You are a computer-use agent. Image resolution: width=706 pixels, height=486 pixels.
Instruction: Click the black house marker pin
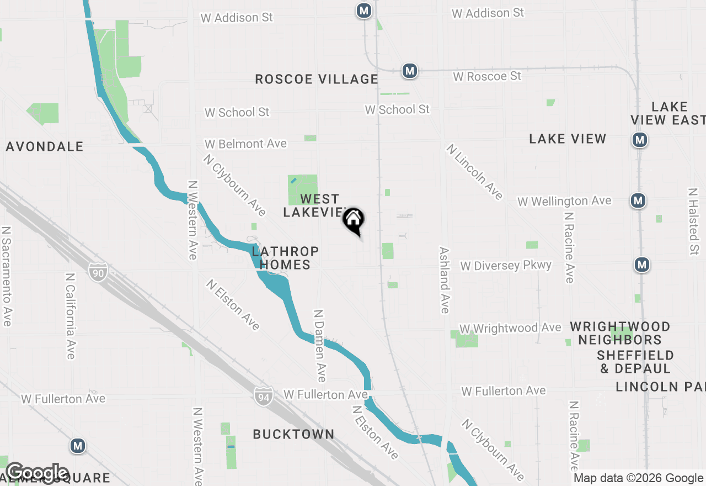(x=354, y=220)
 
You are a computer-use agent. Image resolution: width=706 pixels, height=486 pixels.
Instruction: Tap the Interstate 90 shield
(x=97, y=272)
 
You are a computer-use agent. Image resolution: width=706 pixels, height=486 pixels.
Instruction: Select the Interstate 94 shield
(x=264, y=396)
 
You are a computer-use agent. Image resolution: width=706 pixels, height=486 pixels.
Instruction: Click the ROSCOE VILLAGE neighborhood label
(x=317, y=79)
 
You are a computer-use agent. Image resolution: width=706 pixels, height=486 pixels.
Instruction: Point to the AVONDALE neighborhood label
(x=45, y=146)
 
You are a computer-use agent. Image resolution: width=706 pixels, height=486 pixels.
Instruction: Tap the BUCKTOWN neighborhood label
(x=293, y=434)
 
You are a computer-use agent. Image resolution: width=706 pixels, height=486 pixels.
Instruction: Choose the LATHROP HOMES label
(x=285, y=258)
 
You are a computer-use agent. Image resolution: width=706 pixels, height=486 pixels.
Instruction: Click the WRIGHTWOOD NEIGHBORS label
(x=620, y=333)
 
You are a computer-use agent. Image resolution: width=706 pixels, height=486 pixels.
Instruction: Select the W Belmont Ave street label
(x=245, y=144)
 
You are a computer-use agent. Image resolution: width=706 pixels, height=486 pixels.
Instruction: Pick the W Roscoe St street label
(x=487, y=76)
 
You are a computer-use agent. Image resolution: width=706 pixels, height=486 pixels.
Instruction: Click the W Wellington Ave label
(x=564, y=201)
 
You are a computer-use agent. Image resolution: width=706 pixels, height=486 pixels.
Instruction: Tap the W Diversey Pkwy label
(x=506, y=266)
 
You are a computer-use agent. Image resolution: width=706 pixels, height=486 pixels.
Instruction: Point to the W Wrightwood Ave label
(x=510, y=328)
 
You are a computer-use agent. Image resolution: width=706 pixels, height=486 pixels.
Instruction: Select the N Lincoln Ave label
(x=475, y=172)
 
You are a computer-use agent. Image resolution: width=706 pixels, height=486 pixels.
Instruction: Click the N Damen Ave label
(x=319, y=345)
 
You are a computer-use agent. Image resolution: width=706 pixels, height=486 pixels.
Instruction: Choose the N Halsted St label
(x=693, y=221)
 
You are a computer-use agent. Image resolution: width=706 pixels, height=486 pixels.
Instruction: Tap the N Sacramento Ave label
(x=7, y=276)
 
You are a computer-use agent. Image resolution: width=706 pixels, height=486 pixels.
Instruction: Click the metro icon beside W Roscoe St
(x=409, y=71)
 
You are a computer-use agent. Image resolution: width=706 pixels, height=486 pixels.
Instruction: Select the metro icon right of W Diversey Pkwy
(x=641, y=265)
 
